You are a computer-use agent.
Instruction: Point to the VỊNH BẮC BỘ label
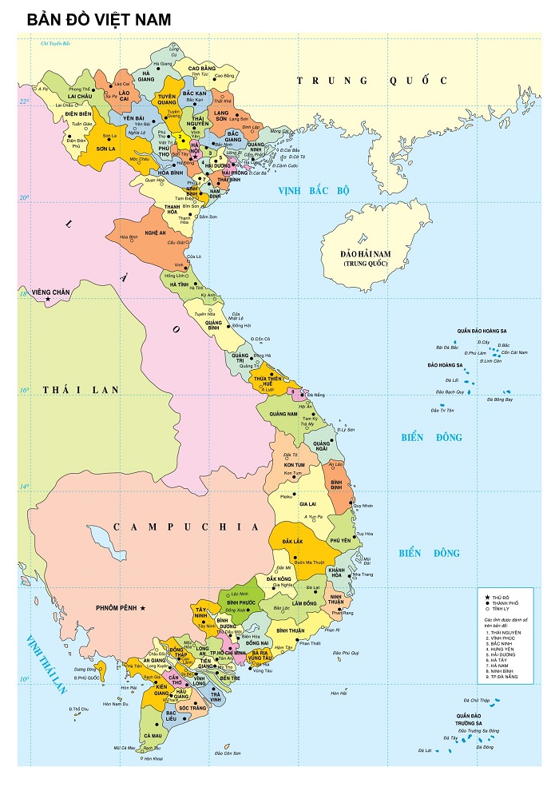tap(315, 191)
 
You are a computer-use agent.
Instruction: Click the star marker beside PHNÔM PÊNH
tap(143, 609)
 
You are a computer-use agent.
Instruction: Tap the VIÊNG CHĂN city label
tap(50, 292)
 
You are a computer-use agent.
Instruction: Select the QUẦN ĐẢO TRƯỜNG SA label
tap(468, 718)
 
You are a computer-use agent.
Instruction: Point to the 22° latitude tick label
tap(25, 101)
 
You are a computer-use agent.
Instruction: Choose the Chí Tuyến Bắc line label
tap(56, 43)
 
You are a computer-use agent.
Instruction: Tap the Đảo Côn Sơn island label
tap(228, 753)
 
